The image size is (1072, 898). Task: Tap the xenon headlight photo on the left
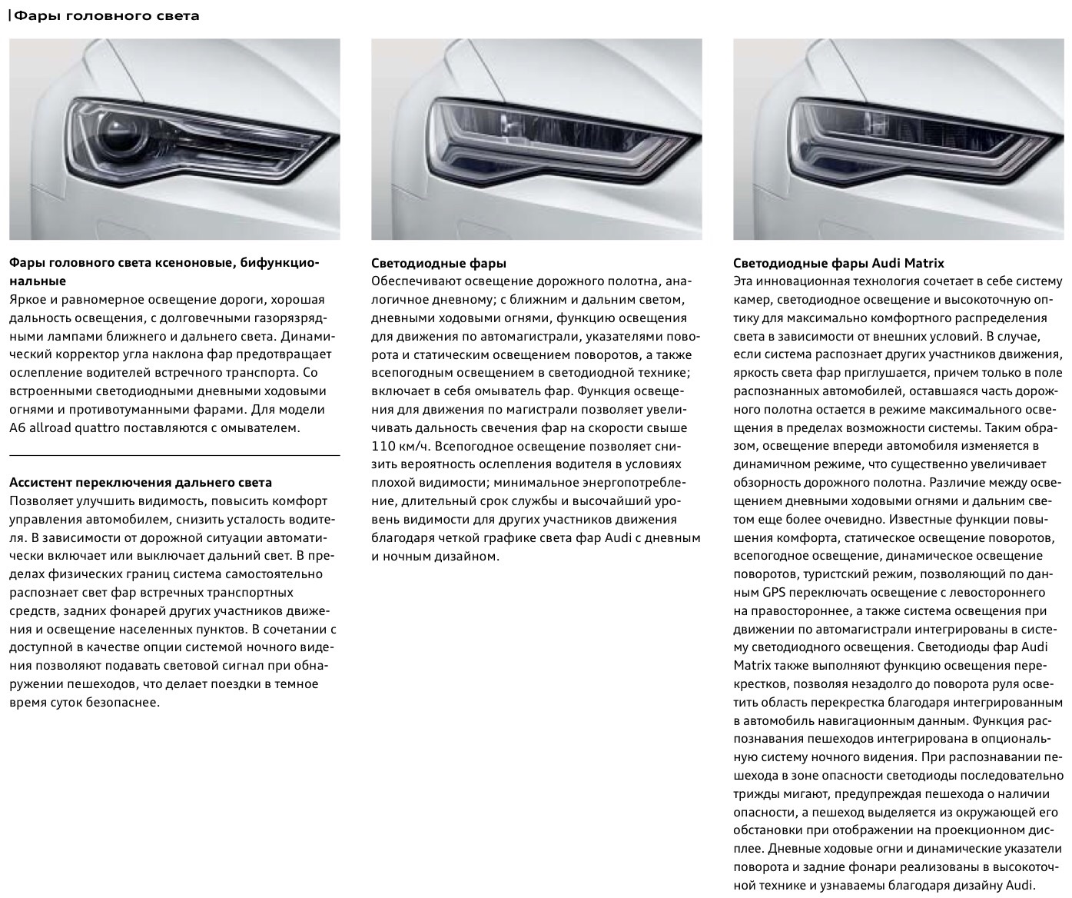pyautogui.click(x=174, y=139)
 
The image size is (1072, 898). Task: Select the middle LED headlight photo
pyautogui.click(x=536, y=139)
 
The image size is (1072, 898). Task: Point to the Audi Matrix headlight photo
pyautogui.click(x=898, y=139)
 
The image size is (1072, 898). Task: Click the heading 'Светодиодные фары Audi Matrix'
pyautogui.click(x=838, y=263)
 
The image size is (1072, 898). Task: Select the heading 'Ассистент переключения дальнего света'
pyautogui.click(x=141, y=483)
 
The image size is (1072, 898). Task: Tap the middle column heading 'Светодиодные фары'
pyautogui.click(x=439, y=263)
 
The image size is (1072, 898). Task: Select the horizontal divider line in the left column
pyautogui.click(x=174, y=456)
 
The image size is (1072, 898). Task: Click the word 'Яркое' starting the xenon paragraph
pyautogui.click(x=28, y=300)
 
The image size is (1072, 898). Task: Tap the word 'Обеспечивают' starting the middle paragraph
pyautogui.click(x=412, y=281)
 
